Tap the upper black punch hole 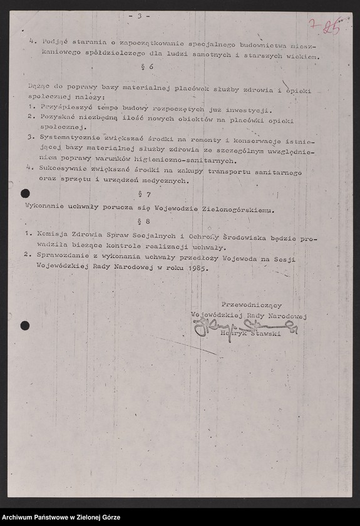click(25, 193)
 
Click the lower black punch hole click(25, 325)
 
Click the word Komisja click(49, 233)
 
